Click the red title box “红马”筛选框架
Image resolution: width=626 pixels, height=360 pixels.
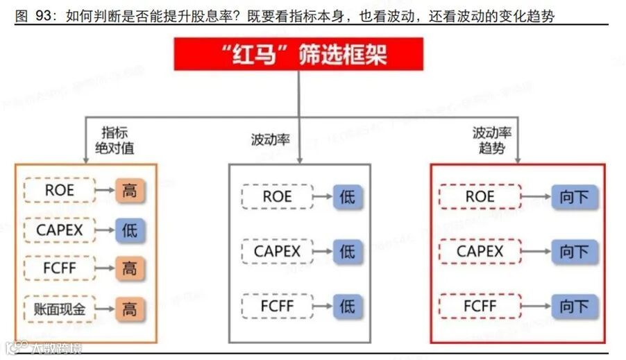point(298,54)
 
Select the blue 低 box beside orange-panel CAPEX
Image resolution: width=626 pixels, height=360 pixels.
point(129,230)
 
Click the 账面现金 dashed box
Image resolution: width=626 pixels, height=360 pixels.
point(60,309)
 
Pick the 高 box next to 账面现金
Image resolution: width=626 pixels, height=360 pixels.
point(129,309)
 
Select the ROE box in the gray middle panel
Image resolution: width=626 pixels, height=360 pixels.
point(277,197)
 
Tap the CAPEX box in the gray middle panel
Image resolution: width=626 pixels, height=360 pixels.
point(277,250)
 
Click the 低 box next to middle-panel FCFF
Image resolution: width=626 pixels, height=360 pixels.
point(347,305)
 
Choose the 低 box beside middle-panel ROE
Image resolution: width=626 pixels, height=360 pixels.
point(347,197)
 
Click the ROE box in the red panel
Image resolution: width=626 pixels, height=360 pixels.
point(480,197)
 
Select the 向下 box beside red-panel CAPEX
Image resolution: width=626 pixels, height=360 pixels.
point(574,250)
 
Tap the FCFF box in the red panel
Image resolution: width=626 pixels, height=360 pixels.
point(480,305)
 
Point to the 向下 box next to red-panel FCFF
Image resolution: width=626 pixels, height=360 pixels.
point(574,305)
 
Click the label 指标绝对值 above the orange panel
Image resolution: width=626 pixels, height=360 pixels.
point(115,139)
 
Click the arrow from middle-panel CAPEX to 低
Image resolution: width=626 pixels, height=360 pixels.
point(323,250)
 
